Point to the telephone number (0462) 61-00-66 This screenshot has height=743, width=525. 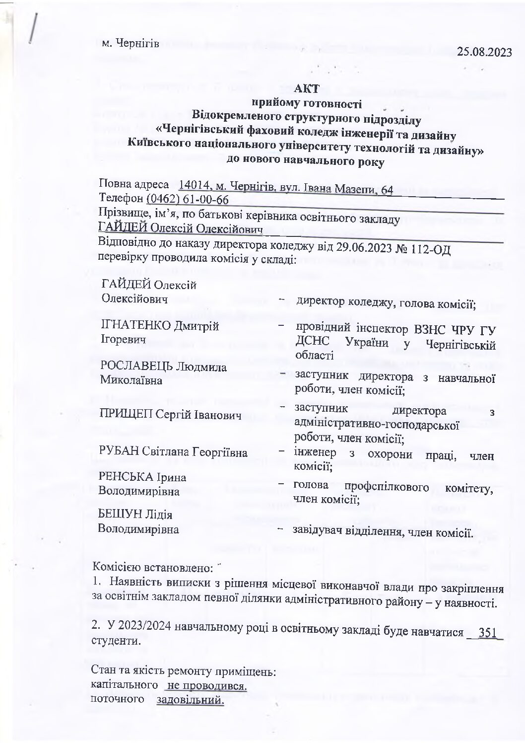[188, 200]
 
